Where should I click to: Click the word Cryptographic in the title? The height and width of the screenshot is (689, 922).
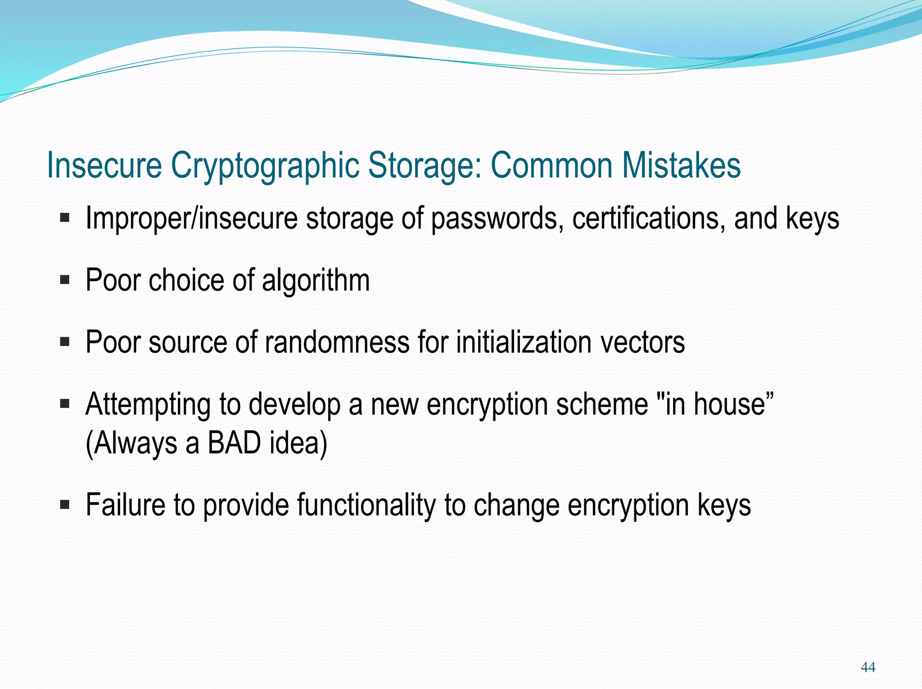[265, 166]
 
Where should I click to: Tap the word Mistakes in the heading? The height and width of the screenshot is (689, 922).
[681, 165]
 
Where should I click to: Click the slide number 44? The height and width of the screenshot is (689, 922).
[868, 667]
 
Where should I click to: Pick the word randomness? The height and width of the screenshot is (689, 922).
[337, 342]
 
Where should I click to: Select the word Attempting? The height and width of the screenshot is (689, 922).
[148, 405]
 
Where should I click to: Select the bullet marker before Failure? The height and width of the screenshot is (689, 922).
[65, 505]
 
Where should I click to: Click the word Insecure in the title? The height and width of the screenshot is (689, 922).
[104, 165]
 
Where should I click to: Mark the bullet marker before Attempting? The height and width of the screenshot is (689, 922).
[65, 404]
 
